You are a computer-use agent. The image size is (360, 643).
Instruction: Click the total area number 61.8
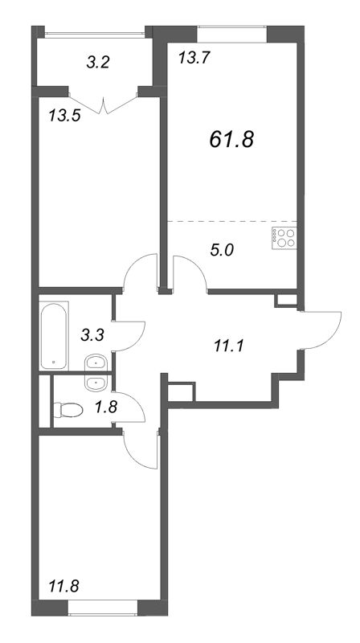231,140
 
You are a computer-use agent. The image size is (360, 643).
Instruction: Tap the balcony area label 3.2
98,63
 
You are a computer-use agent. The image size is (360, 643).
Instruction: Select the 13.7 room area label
194,58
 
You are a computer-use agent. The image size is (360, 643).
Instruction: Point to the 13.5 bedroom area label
64,116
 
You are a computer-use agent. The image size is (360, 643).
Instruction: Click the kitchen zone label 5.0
222,250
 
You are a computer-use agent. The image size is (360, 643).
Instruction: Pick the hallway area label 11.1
229,347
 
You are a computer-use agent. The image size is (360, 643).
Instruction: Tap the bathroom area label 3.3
92,335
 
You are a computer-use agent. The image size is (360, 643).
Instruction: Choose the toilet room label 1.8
107,408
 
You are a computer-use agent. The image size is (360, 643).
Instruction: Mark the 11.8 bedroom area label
63,584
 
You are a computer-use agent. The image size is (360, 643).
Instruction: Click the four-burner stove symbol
284,238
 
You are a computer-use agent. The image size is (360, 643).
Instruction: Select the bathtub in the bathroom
54,335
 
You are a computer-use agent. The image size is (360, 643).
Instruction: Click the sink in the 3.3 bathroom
96,362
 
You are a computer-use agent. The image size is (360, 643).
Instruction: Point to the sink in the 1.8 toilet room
96,383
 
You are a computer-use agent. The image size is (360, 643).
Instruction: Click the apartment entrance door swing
321,330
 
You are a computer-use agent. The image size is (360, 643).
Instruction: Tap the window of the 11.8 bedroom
103,614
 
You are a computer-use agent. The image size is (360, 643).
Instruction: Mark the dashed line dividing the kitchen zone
231,222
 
